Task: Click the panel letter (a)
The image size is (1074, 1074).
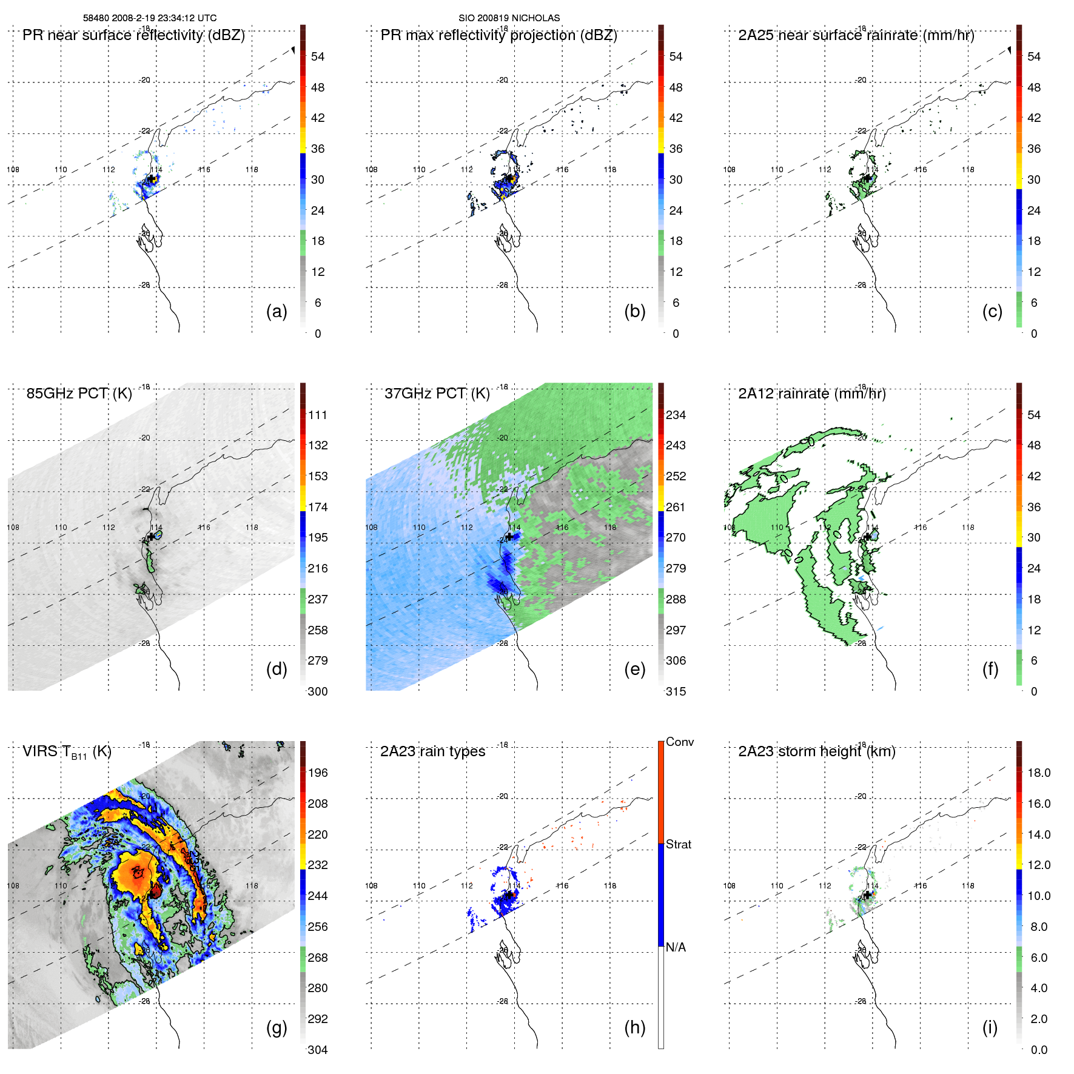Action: (277, 311)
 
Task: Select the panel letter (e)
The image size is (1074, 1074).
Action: (634, 669)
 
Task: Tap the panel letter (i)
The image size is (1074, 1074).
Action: (990, 1027)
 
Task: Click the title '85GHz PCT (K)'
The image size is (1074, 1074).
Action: (79, 394)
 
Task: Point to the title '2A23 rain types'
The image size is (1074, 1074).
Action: (432, 751)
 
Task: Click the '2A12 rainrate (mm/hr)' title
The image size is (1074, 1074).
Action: (811, 394)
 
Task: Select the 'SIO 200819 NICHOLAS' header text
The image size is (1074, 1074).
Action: (509, 18)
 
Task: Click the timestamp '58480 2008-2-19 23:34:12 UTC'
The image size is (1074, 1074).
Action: (150, 18)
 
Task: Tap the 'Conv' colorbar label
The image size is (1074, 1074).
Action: (679, 742)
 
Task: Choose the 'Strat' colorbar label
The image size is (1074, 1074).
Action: (678, 844)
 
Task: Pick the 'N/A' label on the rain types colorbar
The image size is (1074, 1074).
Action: (676, 947)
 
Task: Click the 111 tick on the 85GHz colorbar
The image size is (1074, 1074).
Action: (318, 415)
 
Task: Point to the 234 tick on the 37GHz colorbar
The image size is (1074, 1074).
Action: (676, 415)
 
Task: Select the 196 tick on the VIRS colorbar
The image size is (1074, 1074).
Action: (318, 773)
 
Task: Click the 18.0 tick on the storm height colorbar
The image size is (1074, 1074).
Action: (1038, 773)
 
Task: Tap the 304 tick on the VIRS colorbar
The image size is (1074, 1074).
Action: (318, 1050)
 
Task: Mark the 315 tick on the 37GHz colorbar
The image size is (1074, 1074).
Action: (676, 691)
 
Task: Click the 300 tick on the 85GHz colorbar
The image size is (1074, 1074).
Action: (318, 691)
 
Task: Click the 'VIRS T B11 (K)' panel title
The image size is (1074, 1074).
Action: (67, 752)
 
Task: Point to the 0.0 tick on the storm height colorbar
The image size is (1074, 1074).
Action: (1038, 1050)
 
